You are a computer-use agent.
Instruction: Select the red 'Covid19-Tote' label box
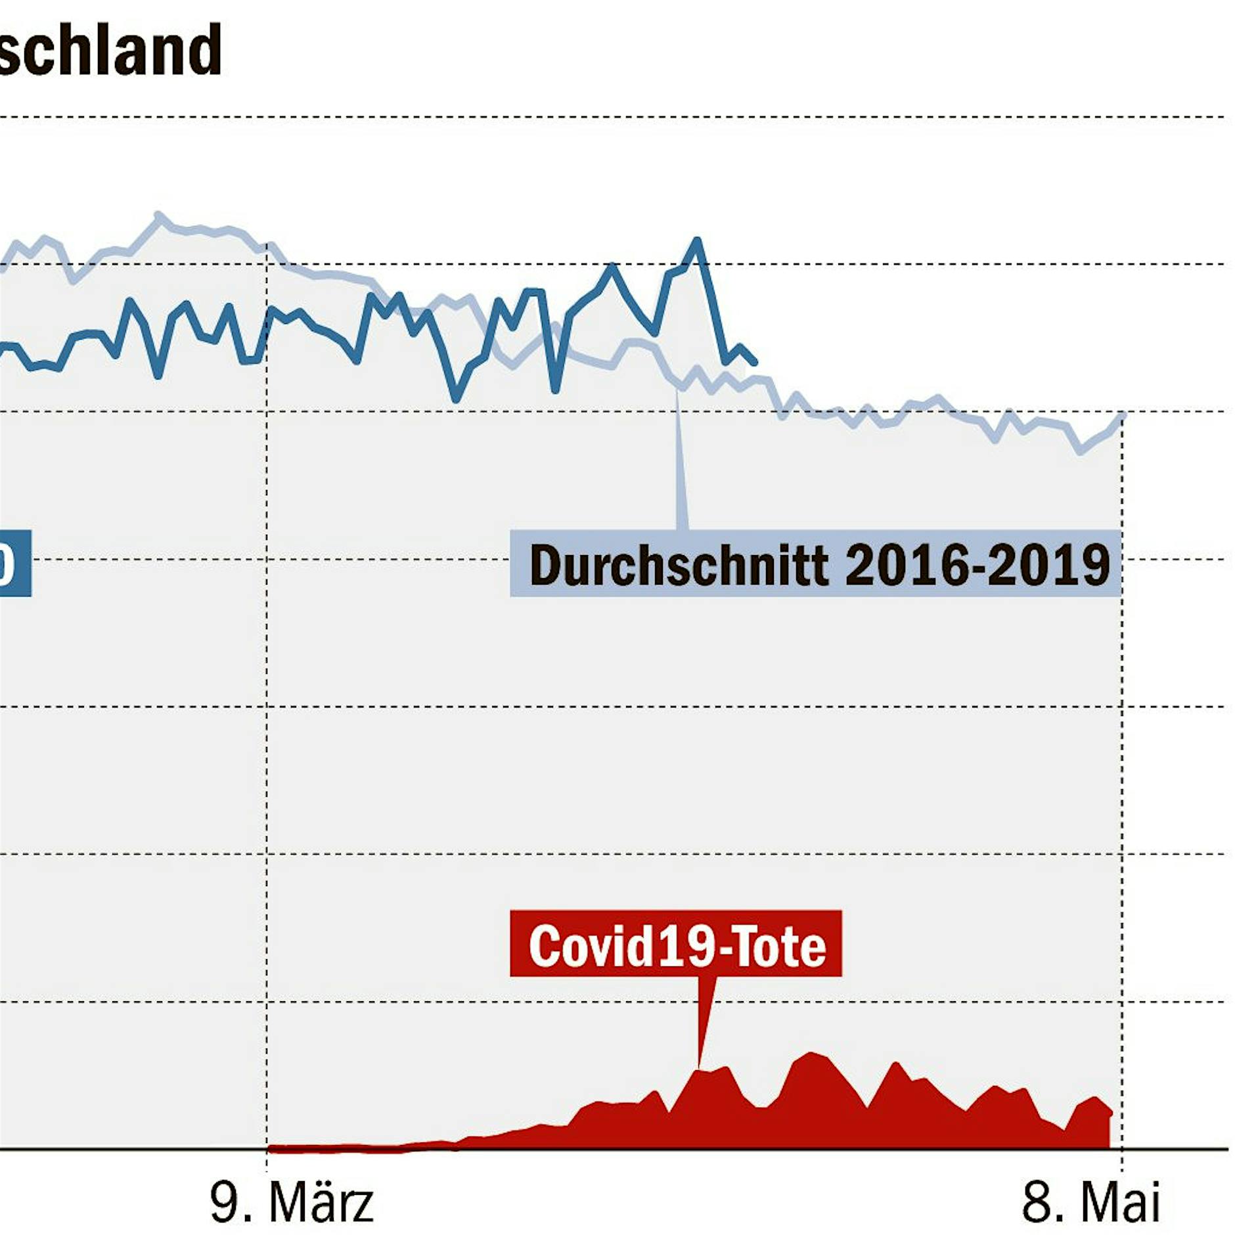(x=675, y=944)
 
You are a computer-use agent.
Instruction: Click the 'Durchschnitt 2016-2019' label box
(x=815, y=564)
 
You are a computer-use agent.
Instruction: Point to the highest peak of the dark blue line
(x=697, y=240)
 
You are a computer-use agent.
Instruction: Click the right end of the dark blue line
(x=755, y=362)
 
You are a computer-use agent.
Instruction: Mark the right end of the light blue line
(x=1124, y=415)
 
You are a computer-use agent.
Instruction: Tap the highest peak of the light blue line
(x=158, y=214)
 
